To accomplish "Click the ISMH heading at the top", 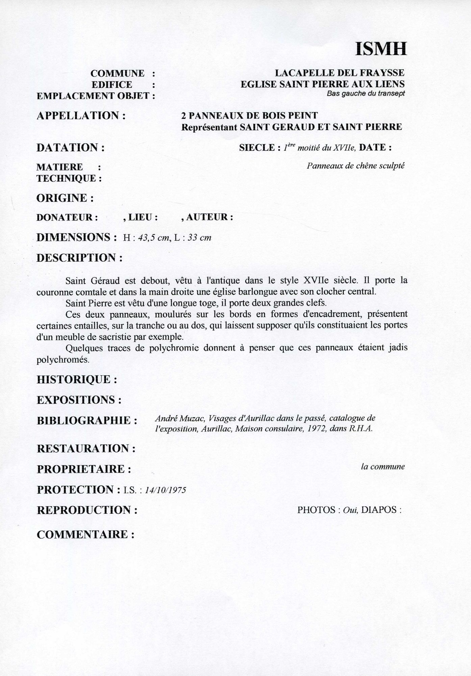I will coord(381,49).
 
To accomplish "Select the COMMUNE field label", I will coord(117,73).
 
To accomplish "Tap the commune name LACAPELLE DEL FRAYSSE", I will coord(339,73).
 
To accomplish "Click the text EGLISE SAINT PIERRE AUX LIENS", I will coord(322,84).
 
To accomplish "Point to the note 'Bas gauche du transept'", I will coord(366,94).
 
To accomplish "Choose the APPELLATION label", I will coord(81,116).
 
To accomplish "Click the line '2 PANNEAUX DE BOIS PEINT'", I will coord(249,116).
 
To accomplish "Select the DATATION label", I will coord(70,147).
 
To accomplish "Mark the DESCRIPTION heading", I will coord(79,258).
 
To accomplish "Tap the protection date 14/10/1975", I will coord(165,490).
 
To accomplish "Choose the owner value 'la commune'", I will coord(382,467).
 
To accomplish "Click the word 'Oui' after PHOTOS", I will coord(350,510).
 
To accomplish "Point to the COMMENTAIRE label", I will coord(85,535).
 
